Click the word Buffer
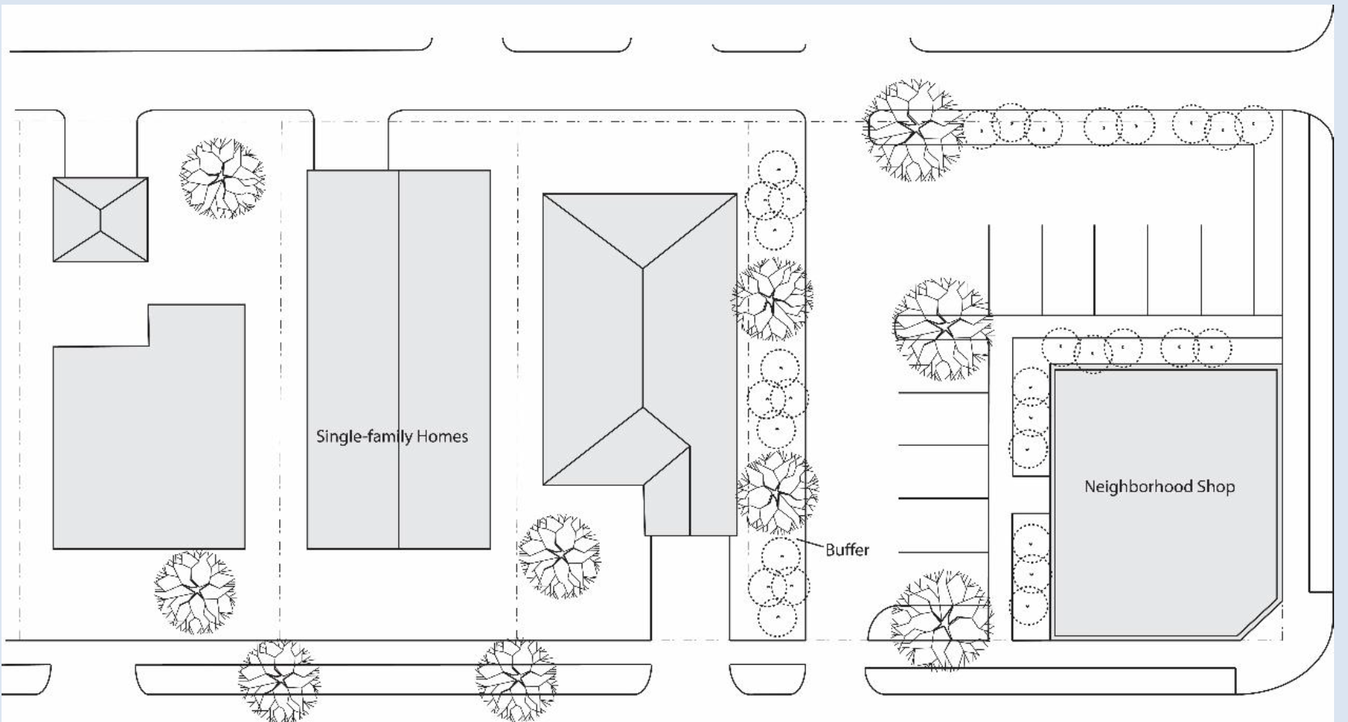[x=847, y=550]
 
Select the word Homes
[x=442, y=436]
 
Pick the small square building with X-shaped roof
[x=101, y=220]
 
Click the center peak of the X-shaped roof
[x=101, y=220]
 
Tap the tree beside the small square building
[x=222, y=178]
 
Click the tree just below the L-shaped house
[x=195, y=591]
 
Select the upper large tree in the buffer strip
[x=772, y=299]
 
